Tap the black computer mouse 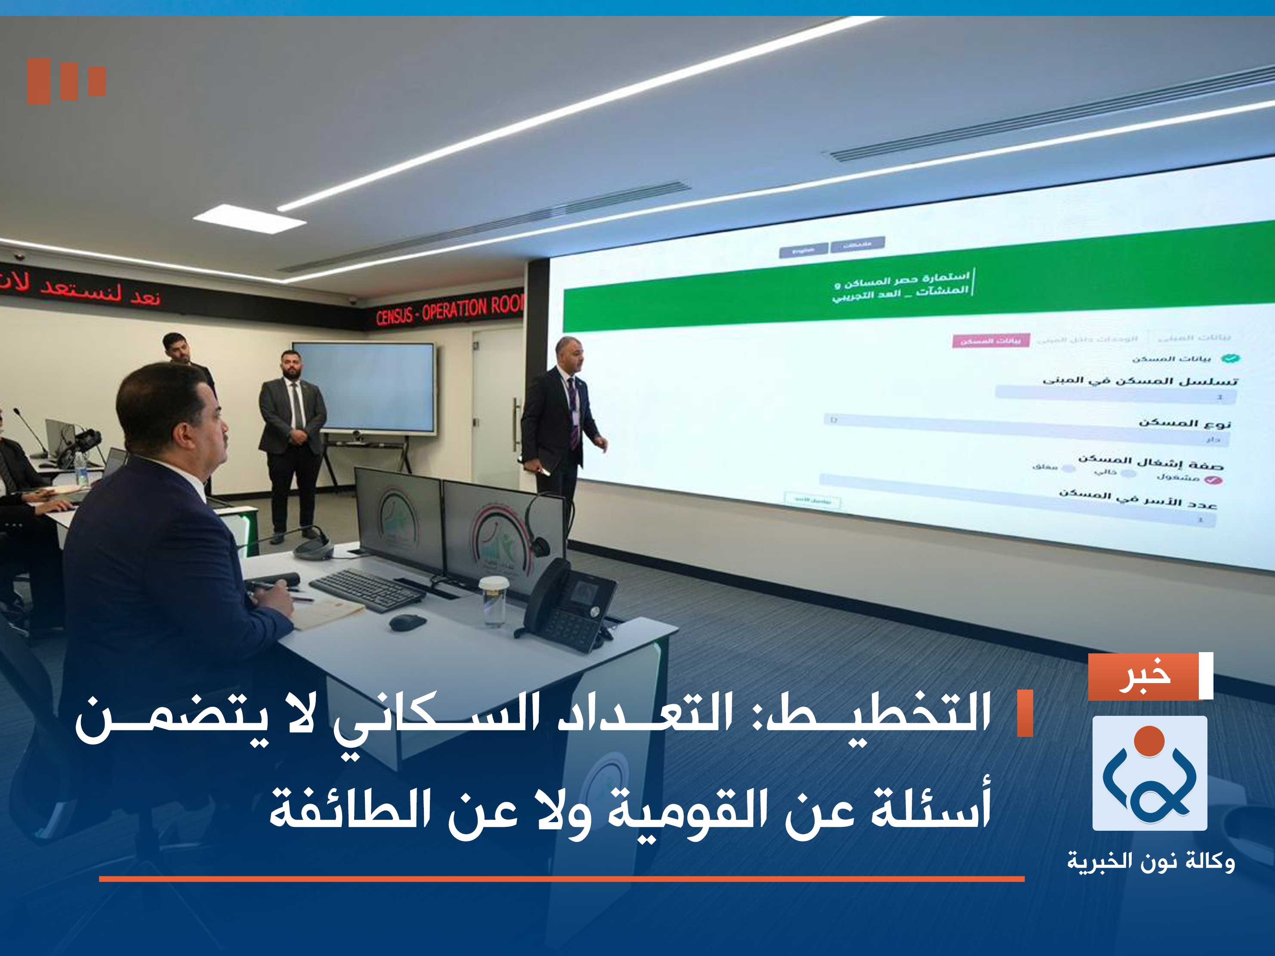click(x=407, y=622)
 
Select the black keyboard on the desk click(x=367, y=590)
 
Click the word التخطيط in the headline click(x=876, y=715)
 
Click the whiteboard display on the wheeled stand click(x=364, y=387)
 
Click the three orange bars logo click(x=66, y=81)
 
